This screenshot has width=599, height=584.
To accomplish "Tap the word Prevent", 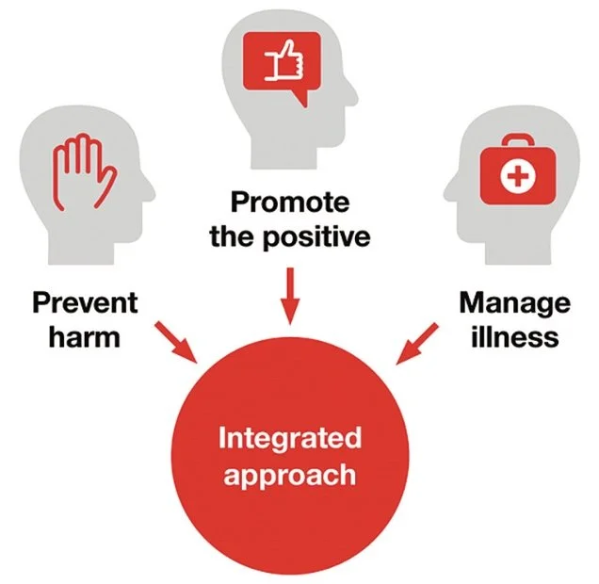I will coord(85,302).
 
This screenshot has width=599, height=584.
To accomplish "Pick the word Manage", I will coord(514,302).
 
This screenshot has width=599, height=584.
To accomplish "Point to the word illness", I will coord(515,337).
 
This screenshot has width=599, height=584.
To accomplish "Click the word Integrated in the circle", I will coord(290,438).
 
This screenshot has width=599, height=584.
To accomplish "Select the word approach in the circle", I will coord(290,473).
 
